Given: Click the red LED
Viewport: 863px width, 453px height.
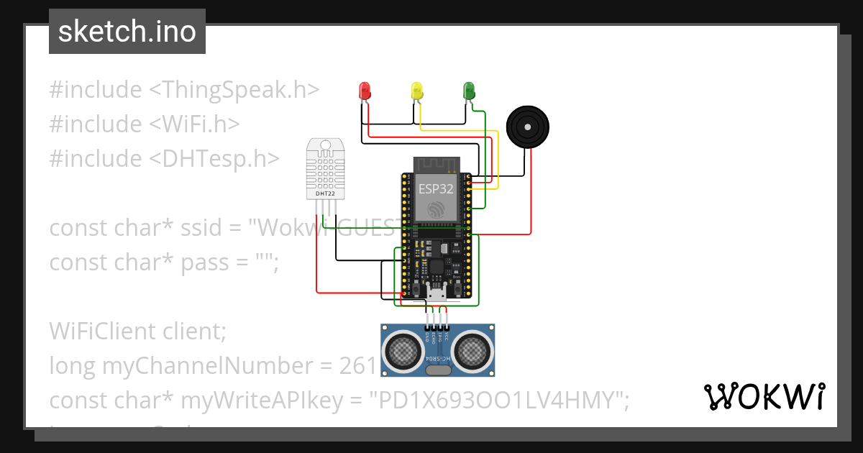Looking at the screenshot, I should (365, 91).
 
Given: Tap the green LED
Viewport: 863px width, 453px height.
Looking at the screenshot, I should (470, 91).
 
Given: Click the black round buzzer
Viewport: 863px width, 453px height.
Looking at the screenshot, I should (529, 127).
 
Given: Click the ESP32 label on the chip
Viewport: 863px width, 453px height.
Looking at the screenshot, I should (436, 189).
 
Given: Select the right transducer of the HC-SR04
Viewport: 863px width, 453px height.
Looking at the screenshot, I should (473, 350).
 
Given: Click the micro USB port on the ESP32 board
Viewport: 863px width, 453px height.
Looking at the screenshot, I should (437, 294).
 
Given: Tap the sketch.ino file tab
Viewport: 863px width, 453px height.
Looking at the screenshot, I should (127, 32).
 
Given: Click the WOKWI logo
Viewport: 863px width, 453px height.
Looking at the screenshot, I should (764, 396).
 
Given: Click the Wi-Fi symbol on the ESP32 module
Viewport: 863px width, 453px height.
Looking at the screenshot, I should (436, 210).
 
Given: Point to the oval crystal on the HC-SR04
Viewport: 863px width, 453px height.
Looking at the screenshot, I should (437, 370).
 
